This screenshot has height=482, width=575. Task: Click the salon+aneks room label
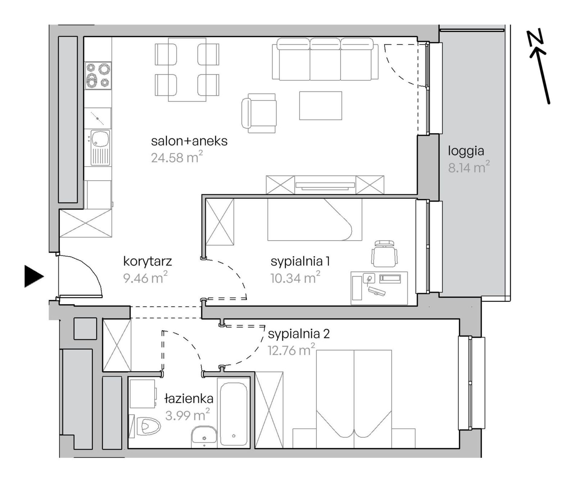tap(189, 141)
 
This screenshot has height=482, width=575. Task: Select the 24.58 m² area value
tap(177, 157)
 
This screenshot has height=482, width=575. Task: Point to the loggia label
tap(466, 151)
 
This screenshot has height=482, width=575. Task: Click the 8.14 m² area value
tap(469, 167)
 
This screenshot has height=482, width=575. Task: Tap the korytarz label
tap(147, 261)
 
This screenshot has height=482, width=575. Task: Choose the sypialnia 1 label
tap(300, 262)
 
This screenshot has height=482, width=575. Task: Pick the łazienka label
tap(189, 399)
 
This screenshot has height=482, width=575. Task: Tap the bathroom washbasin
tap(204, 437)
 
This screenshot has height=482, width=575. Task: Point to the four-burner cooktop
tap(98, 76)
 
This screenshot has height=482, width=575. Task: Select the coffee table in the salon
tap(320, 106)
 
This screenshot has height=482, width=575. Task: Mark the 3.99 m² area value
tap(187, 415)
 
